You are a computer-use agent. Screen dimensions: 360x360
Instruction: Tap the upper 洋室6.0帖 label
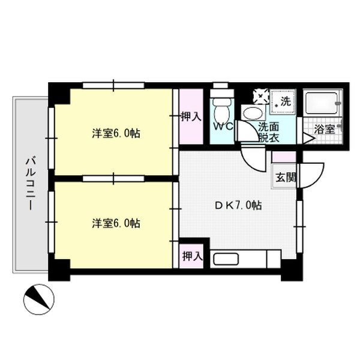(x=116, y=133)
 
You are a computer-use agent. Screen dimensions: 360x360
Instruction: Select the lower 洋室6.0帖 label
(x=116, y=223)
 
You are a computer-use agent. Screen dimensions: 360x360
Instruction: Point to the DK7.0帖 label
(x=238, y=205)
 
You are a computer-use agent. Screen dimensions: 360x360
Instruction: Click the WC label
(x=223, y=127)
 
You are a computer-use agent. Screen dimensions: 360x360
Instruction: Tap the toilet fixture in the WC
(x=221, y=107)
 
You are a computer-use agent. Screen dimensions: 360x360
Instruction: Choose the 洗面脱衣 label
(x=268, y=131)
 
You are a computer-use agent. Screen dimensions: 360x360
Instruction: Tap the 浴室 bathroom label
(x=325, y=128)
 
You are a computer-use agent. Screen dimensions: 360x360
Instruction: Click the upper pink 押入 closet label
(x=191, y=116)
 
